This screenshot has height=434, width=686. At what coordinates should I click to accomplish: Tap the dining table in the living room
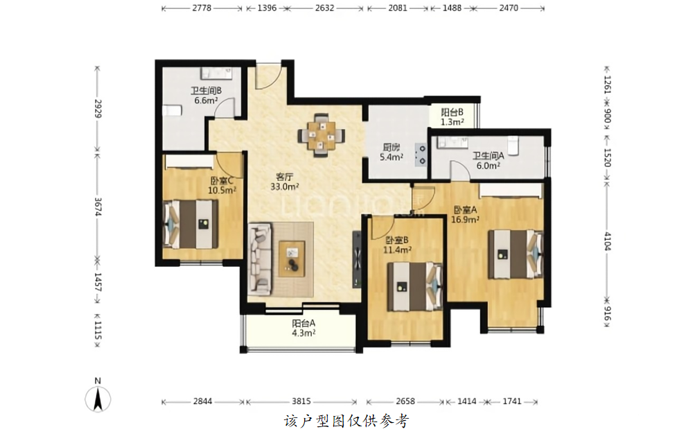pos(322,135)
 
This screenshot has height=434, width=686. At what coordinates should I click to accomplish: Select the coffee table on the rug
pos(292,259)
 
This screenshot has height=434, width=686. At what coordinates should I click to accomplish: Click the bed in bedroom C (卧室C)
pos(191,224)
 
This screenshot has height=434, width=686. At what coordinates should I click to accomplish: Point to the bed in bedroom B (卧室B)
pos(416,286)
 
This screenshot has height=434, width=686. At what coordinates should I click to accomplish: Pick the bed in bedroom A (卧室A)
pos(516,254)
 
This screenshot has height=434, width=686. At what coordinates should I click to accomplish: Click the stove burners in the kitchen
pos(421,155)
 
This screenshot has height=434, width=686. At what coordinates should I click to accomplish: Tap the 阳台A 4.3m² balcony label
pos(304,328)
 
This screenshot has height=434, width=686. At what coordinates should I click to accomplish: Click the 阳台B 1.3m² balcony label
pos(452,117)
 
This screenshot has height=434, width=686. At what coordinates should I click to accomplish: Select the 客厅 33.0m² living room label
pos(284,182)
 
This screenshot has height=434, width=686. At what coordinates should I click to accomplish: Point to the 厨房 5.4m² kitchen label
pos(391,152)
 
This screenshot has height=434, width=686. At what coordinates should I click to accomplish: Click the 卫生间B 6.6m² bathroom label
pos(206,96)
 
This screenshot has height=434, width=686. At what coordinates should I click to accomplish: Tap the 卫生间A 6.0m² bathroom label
pos(489,161)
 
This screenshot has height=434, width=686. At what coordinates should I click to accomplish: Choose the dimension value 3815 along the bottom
pos(301,401)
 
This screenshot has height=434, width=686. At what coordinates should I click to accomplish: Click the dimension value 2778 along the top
pos(202,8)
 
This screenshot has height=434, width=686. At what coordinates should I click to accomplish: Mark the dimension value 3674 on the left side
pos(98,207)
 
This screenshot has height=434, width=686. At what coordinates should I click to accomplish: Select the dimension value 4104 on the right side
pos(608,241)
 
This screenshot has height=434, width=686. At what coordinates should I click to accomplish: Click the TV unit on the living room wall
pos(357,260)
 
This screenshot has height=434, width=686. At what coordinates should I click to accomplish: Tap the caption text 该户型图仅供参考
pos(346,422)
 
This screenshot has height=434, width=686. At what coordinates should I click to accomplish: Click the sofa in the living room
pos(259,259)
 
